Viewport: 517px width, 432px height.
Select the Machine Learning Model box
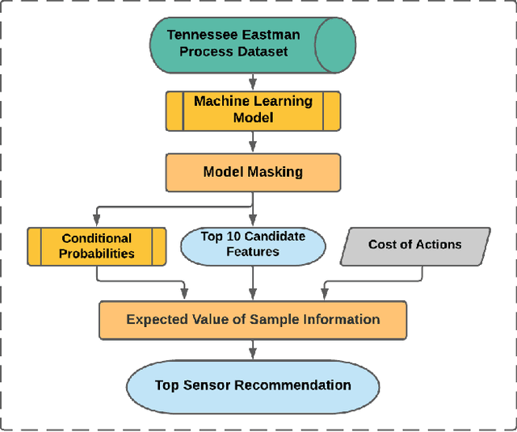[253, 110]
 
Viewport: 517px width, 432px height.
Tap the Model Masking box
[253, 172]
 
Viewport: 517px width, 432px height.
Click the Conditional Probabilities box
[96, 245]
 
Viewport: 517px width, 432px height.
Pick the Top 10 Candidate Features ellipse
[253, 245]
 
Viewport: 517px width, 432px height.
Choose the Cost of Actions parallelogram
[414, 245]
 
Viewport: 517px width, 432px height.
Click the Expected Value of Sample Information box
[253, 319]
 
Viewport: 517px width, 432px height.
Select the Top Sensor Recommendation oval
[253, 385]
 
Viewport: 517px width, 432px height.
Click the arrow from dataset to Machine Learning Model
[253, 82]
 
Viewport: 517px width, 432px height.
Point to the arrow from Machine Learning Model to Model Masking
[253, 142]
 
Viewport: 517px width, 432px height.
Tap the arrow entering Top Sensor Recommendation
[253, 349]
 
